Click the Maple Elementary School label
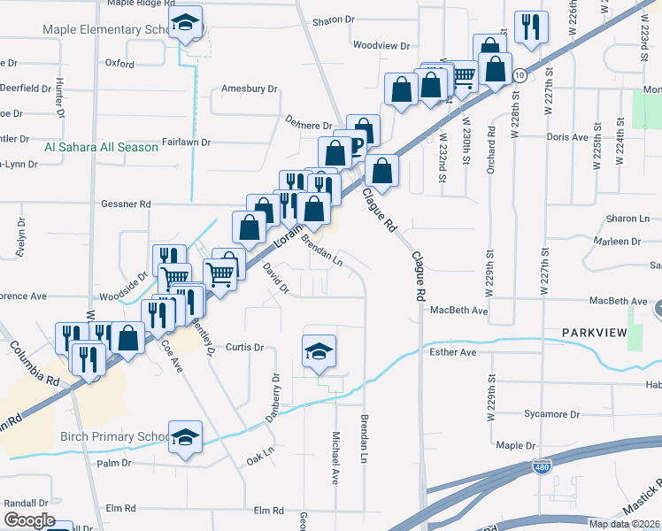[103, 30]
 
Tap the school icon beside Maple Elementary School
[185, 23]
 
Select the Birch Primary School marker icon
[185, 437]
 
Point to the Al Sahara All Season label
[101, 147]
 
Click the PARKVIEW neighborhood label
[594, 332]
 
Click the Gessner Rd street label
[127, 204]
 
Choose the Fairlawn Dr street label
[187, 142]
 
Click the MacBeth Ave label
[459, 311]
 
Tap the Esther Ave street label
[453, 352]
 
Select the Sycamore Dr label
[550, 414]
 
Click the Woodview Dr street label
[381, 45]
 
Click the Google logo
[29, 520]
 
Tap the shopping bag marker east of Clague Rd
[381, 172]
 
